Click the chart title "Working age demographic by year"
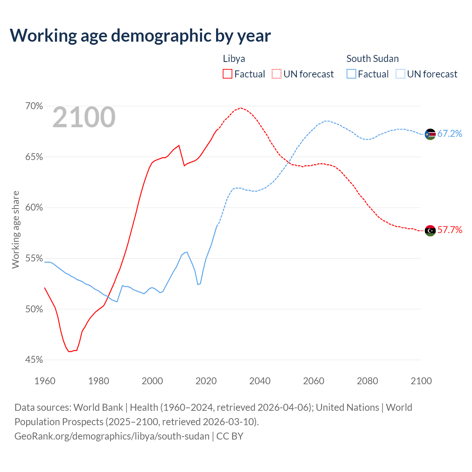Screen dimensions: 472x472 (x=140, y=35)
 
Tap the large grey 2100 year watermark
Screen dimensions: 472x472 (x=84, y=117)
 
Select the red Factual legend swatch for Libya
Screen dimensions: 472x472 (x=228, y=74)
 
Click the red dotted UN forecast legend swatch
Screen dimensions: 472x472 (x=277, y=74)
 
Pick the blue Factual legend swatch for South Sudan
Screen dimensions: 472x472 (x=351, y=74)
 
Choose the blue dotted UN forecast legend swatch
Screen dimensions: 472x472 (x=400, y=74)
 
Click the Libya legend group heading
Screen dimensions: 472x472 (x=234, y=59)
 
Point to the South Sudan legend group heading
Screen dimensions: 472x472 (x=372, y=59)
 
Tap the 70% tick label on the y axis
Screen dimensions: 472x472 (x=34, y=106)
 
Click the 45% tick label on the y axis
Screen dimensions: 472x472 (x=34, y=360)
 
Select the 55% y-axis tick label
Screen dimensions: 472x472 (x=34, y=258)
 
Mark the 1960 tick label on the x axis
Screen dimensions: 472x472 (x=45, y=381)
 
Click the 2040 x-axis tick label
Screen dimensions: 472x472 (x=260, y=381)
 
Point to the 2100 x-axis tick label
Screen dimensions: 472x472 (x=421, y=381)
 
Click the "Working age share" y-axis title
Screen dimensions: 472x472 (x=15, y=229)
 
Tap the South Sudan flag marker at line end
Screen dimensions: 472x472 (x=430, y=134)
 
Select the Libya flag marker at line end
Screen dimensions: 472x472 (x=430, y=230)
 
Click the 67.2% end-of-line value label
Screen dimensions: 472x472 (x=450, y=134)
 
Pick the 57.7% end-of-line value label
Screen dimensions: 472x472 (x=450, y=230)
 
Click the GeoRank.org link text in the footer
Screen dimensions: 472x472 (x=112, y=436)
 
